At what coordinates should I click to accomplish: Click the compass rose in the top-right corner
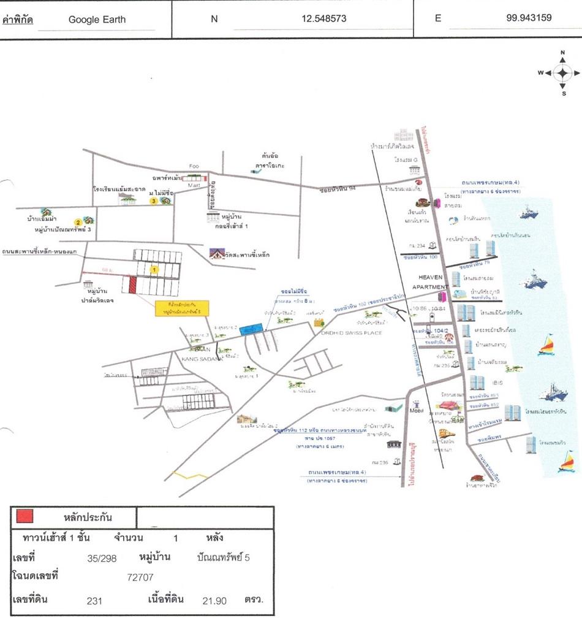562,73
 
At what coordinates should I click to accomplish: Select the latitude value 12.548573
324,18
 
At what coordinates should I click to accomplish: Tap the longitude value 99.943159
529,18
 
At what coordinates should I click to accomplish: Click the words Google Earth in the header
97,19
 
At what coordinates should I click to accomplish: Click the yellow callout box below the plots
181,308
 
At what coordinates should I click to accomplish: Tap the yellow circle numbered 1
155,269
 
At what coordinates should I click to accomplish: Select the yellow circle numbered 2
78,222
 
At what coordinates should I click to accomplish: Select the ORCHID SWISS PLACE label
352,333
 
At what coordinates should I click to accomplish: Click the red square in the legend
25,516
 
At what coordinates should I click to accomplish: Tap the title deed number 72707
140,577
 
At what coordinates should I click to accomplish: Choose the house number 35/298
102,558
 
